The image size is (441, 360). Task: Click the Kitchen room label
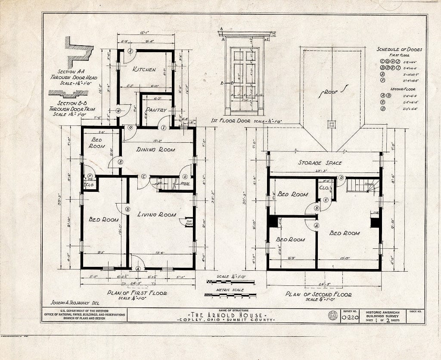coord(144,69)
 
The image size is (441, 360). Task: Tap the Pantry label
coord(155,110)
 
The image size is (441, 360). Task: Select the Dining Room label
coord(156,150)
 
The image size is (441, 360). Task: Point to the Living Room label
coord(156,214)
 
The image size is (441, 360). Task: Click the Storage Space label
coord(320,163)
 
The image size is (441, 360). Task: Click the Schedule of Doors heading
coord(399,49)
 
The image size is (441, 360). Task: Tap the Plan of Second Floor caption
coord(318,294)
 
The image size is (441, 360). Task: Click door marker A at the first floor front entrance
coord(138,268)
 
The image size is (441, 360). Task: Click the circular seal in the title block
coord(332,315)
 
